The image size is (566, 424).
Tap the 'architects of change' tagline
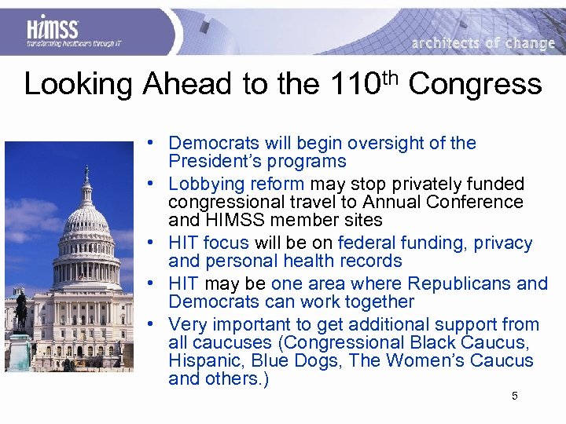[x=483, y=43]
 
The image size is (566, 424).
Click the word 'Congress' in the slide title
[x=475, y=84]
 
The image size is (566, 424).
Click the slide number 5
[x=514, y=396]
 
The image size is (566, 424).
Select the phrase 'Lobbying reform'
[x=236, y=184]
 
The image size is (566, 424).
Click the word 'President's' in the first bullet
[x=211, y=162]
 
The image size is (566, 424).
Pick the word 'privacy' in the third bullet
[x=503, y=243]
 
